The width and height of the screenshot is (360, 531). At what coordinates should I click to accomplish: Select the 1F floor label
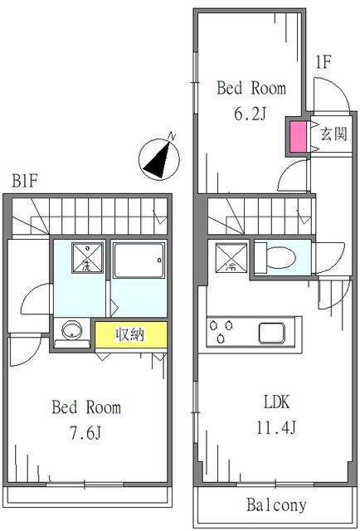coord(324,61)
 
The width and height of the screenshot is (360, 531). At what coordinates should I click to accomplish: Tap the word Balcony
coord(276,504)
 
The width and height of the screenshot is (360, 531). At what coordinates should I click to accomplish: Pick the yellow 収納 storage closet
coord(130,335)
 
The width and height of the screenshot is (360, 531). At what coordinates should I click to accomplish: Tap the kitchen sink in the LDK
coord(275,333)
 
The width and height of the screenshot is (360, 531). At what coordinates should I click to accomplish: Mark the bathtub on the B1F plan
coord(136,265)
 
